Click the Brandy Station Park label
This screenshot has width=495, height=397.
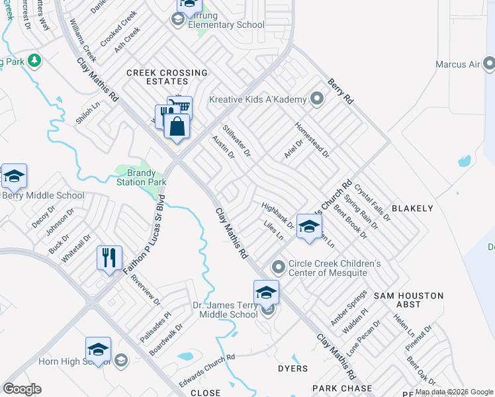(x=141, y=177)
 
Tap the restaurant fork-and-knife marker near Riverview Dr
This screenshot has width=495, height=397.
(x=110, y=257)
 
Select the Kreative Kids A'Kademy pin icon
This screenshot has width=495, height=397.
(x=316, y=100)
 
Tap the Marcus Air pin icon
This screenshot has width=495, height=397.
(x=489, y=64)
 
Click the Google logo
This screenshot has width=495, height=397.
(x=22, y=388)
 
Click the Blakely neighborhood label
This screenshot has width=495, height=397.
(x=412, y=208)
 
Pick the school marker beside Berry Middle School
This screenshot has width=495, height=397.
(x=14, y=176)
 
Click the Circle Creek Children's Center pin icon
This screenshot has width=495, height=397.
(x=279, y=267)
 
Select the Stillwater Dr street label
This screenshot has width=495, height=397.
(x=236, y=141)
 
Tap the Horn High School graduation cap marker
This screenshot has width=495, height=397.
(x=98, y=350)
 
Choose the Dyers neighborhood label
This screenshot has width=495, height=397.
(x=293, y=369)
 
